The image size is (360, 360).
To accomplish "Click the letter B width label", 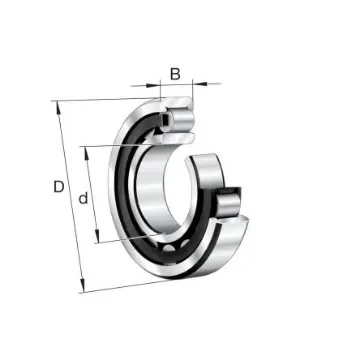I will [x=176, y=72].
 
